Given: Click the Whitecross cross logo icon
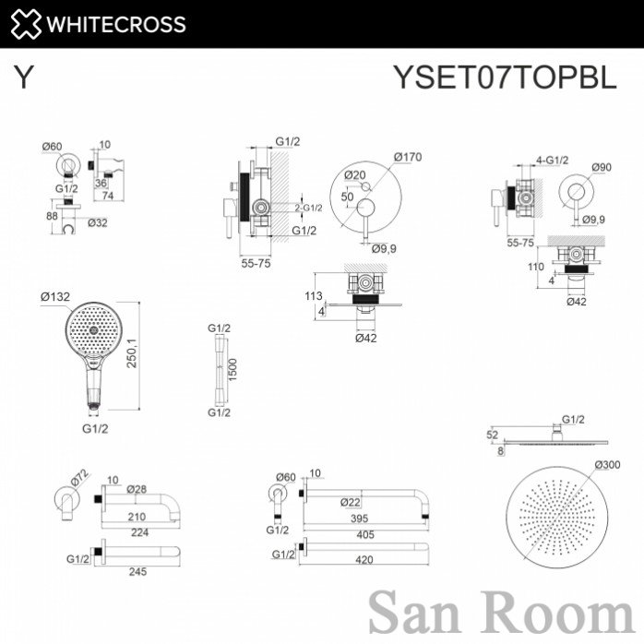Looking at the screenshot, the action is [x=26, y=24].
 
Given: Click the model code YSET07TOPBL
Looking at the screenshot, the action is [x=506, y=77].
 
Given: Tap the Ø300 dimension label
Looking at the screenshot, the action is [x=607, y=465].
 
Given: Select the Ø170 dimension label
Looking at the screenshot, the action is [x=408, y=157].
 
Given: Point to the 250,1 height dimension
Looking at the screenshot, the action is [x=131, y=352].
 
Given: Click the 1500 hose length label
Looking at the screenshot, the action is [x=233, y=370].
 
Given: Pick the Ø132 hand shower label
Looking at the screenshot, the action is [x=55, y=296].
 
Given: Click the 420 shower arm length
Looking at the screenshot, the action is [x=364, y=560].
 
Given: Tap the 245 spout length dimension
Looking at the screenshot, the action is [x=137, y=572].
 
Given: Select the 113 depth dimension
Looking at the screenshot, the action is [x=314, y=296].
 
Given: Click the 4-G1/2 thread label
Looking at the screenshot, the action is [x=553, y=160].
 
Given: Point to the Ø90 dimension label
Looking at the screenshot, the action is [x=602, y=167].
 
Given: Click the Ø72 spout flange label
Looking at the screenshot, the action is [x=79, y=479].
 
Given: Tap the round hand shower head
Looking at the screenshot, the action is [x=94, y=330].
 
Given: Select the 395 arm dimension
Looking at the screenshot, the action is [x=360, y=519].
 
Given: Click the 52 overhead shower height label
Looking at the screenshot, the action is [x=492, y=435].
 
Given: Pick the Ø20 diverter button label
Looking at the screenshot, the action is [x=355, y=175].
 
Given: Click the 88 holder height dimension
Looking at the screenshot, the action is [x=52, y=215].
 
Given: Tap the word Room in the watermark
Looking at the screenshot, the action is [x=559, y=614].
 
